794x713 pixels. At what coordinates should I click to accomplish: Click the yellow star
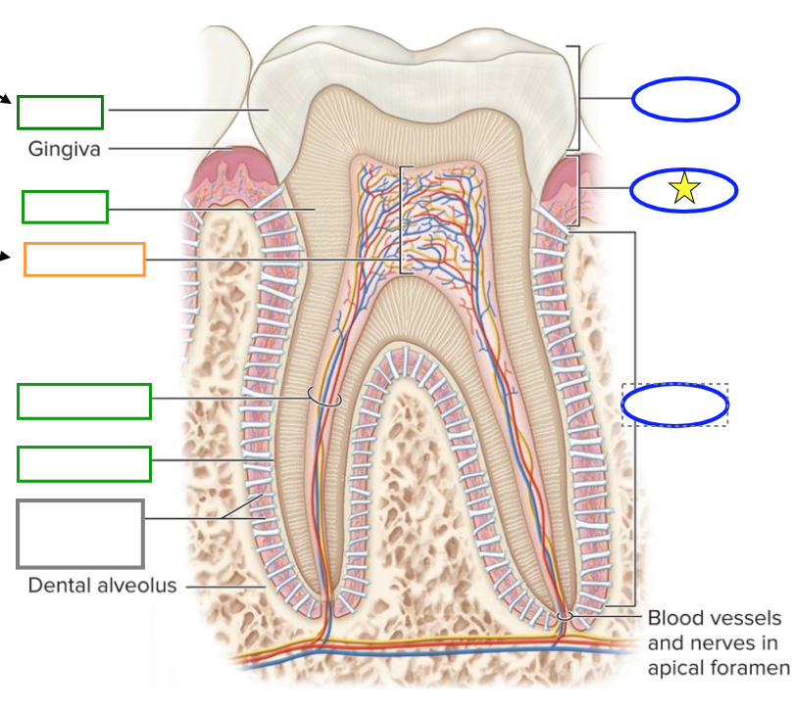684,189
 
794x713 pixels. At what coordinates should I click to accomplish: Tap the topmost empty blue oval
685,98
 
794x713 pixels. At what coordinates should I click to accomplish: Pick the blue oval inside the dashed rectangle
674,404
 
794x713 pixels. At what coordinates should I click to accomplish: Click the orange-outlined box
84,259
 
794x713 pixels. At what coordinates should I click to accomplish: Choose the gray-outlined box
80,534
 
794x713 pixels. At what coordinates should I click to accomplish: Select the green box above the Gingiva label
60,112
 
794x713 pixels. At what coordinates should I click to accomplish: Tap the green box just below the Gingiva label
65,207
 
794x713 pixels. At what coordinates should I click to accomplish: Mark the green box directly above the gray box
84,463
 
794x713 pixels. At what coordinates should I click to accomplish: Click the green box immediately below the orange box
84,402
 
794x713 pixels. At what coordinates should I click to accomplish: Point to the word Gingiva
65,150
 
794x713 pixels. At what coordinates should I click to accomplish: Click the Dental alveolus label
102,586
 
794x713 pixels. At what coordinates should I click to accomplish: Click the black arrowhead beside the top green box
7,98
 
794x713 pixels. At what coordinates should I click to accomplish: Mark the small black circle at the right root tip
565,615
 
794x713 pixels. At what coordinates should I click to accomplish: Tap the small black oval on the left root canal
324,398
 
